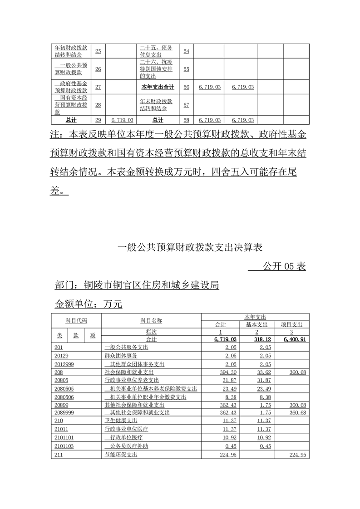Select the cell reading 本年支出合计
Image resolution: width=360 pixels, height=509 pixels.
158,87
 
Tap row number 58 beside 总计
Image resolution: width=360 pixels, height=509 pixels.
187,120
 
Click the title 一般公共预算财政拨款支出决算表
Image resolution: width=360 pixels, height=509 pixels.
190,247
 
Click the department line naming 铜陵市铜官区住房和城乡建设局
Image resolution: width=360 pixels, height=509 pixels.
137,285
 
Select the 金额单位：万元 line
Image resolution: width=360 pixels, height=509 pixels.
89,304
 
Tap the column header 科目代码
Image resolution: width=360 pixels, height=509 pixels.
76,321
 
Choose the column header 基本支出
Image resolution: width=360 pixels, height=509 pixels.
257,325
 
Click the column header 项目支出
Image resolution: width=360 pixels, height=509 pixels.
292,325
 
